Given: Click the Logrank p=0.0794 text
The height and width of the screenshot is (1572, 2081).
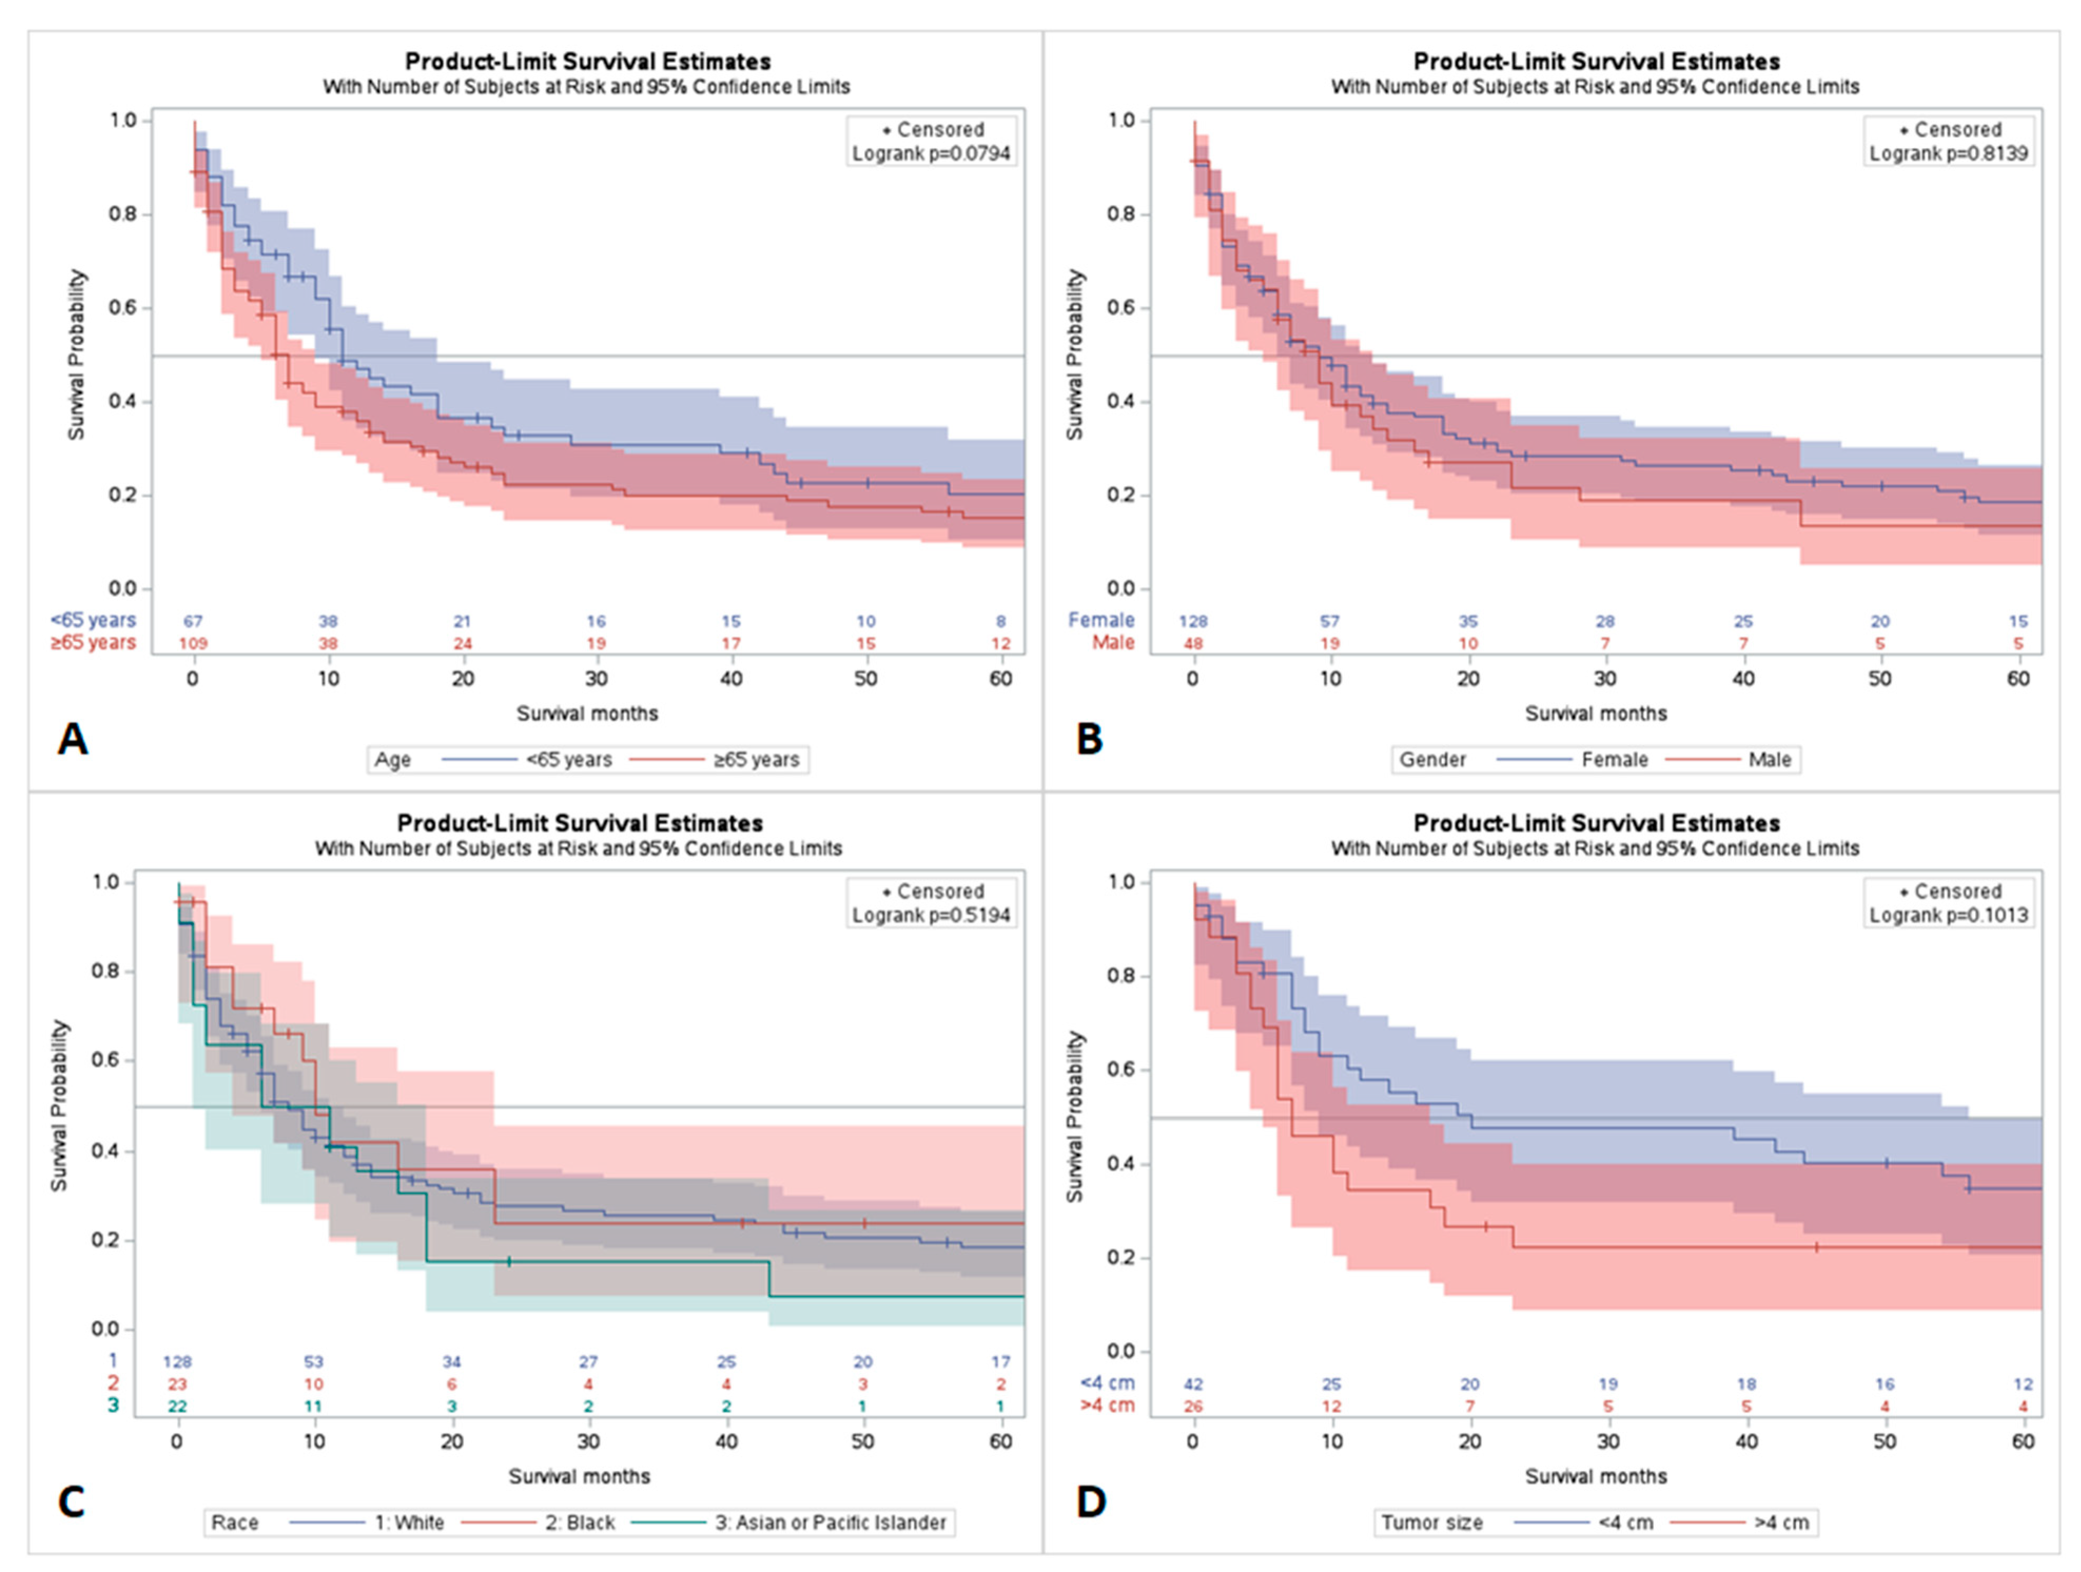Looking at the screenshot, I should pos(930,153).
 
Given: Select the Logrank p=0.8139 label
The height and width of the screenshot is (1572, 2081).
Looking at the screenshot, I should pos(1948,153).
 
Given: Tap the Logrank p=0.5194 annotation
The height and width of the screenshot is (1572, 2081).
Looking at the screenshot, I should pos(930,916).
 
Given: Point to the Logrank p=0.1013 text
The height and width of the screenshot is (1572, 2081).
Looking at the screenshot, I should pos(1948,916).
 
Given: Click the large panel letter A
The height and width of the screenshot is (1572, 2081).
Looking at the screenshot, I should pos(73,740).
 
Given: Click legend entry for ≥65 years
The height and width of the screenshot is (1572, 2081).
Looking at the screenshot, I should pos(755,760).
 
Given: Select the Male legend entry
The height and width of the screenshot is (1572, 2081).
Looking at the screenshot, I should pos(1770,760).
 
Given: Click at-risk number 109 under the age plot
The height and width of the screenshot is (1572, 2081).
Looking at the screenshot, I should pos(193,643).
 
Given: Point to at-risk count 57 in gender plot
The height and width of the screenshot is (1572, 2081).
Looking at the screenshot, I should pos(1329,621).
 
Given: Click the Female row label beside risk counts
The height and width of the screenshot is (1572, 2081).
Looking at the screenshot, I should pos(1101,620).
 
